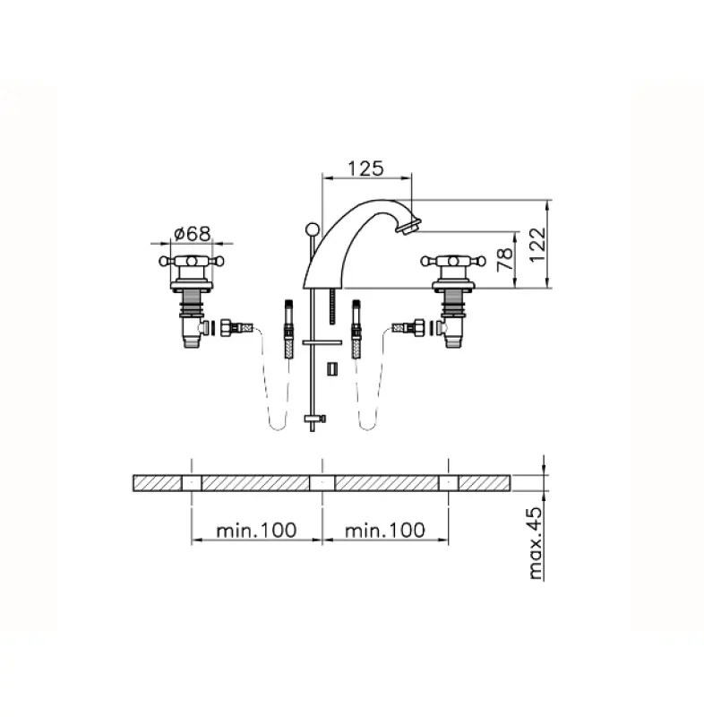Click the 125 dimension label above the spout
click(365, 168)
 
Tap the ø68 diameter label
click(191, 232)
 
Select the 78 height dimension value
click(504, 259)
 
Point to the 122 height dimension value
click(536, 244)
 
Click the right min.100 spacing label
click(385, 530)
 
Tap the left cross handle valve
click(191, 263)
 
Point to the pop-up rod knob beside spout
click(310, 228)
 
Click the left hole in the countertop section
click(191, 483)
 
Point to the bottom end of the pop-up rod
click(311, 424)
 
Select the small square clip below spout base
click(331, 368)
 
